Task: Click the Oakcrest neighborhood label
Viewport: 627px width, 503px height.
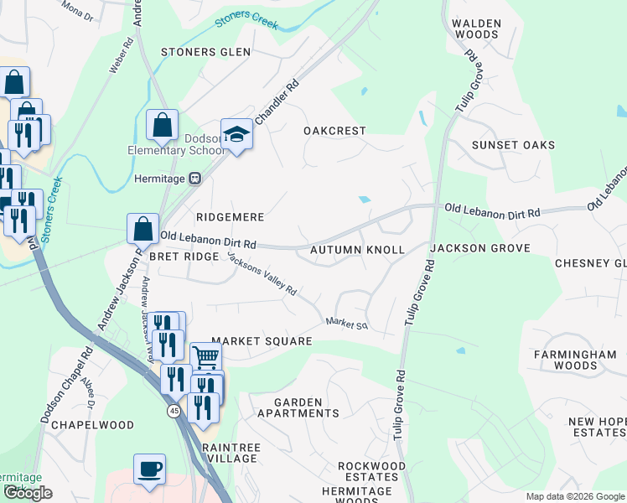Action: click(335, 131)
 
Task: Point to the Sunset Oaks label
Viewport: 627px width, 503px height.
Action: click(513, 145)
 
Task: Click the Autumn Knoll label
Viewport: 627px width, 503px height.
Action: click(357, 250)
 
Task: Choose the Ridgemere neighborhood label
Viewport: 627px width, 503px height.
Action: click(230, 217)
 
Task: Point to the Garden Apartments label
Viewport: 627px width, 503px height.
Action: click(298, 407)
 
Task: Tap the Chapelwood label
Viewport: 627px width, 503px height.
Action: click(92, 425)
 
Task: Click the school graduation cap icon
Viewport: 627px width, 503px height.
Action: click(237, 135)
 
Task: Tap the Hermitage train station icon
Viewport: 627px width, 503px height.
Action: click(194, 178)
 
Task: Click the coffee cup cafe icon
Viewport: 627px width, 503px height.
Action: click(149, 469)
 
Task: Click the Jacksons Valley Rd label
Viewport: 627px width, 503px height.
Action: click(262, 274)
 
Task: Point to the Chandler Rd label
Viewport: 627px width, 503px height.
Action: click(277, 103)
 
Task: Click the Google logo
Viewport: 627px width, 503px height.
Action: click(28, 493)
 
